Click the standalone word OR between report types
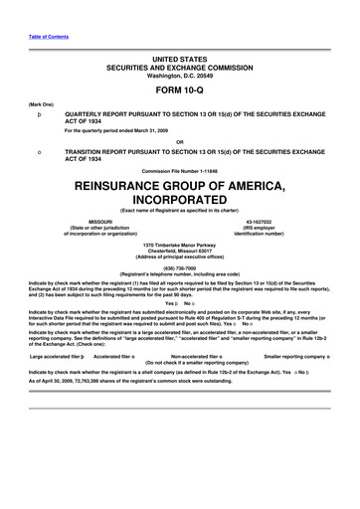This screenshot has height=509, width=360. click(179, 140)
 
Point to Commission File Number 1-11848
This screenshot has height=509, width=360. click(179, 171)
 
